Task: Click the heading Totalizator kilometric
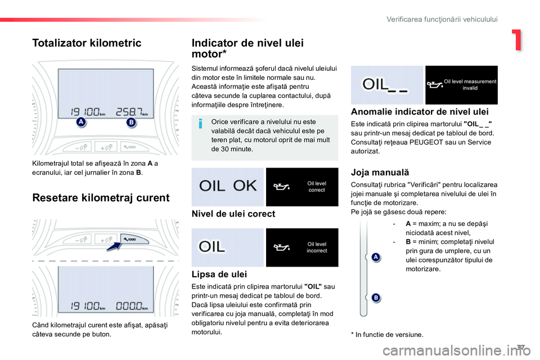tap(87, 43)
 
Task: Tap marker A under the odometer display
tap(80, 121)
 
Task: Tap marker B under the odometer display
tap(131, 122)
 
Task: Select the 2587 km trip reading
tap(132, 111)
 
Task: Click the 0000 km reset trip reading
tap(132, 305)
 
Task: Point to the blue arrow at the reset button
tap(114, 246)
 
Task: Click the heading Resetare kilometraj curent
tap(101, 198)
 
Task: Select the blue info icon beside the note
tap(200, 123)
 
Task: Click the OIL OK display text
tap(228, 186)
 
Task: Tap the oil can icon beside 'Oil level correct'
tap(282, 187)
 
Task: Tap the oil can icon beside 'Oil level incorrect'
tap(282, 247)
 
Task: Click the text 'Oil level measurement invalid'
tap(470, 85)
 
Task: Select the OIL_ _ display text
tap(385, 85)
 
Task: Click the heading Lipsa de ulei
tap(219, 274)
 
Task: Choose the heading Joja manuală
tap(380, 172)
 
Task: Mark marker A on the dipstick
tap(376, 257)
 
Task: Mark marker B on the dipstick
tap(376, 298)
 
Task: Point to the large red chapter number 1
tap(517, 40)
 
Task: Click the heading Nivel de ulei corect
tap(233, 214)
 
